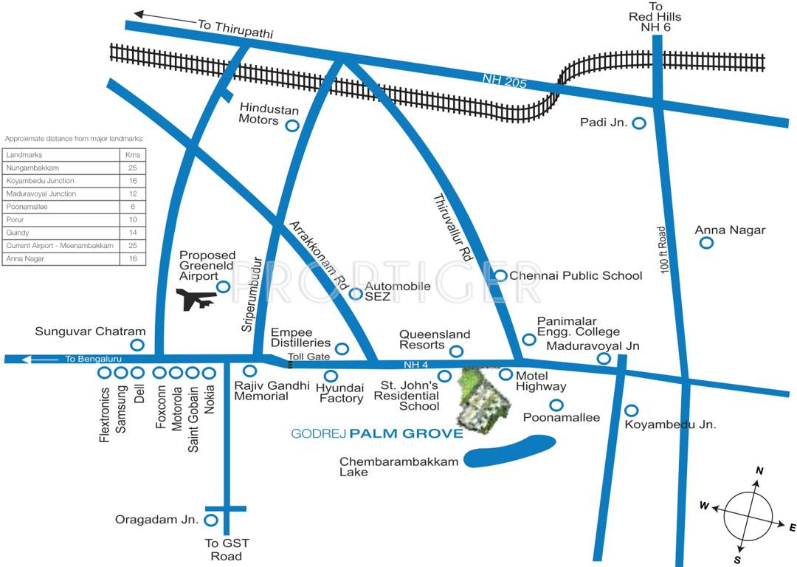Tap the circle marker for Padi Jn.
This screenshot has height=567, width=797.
click(x=639, y=123)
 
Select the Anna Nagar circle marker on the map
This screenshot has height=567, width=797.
click(x=706, y=243)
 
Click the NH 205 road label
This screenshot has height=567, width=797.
click(x=505, y=81)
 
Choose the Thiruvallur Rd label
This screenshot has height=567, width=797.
click(x=452, y=230)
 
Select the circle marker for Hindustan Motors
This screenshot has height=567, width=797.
click(x=292, y=126)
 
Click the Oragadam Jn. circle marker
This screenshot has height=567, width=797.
click(x=211, y=520)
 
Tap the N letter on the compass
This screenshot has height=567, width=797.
click(x=759, y=471)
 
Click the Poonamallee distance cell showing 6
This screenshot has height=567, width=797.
click(x=133, y=207)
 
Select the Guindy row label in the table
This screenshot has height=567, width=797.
click(x=16, y=233)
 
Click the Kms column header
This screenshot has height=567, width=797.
click(x=133, y=155)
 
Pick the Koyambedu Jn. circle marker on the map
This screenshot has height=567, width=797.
click(x=632, y=410)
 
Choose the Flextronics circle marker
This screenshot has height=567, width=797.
click(x=105, y=373)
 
